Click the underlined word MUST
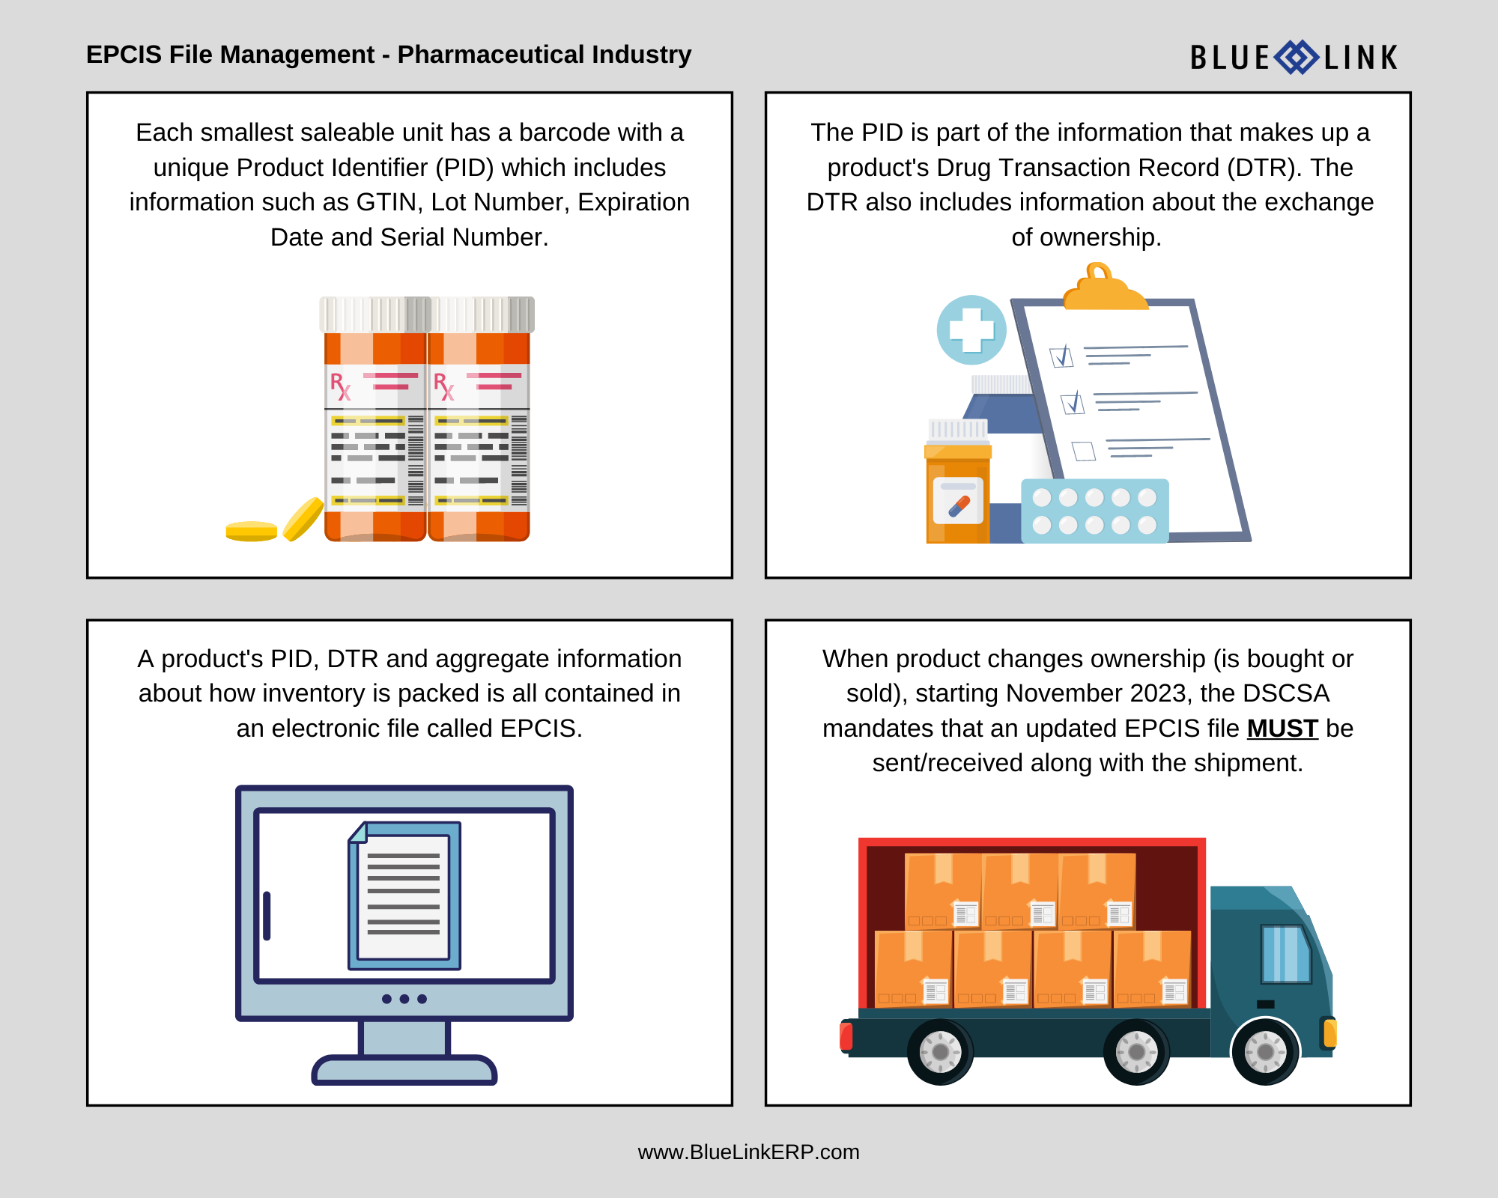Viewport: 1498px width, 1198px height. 1282,729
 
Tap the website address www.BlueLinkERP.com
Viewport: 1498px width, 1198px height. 748,1152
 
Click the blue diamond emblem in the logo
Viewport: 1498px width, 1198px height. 1297,58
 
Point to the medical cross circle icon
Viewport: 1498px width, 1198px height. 971,330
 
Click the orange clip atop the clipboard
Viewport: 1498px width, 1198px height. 1103,290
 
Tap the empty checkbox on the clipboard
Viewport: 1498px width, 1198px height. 1083,451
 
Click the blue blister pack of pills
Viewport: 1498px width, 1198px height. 1094,511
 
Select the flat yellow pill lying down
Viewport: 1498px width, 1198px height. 252,531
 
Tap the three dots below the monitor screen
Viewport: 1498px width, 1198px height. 404,999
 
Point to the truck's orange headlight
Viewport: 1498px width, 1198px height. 1330,1033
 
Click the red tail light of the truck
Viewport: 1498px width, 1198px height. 846,1036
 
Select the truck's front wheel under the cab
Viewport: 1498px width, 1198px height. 1265,1051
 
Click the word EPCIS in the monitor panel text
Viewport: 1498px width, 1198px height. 538,729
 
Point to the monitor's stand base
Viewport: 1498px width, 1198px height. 404,1071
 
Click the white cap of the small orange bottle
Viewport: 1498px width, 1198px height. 958,430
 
